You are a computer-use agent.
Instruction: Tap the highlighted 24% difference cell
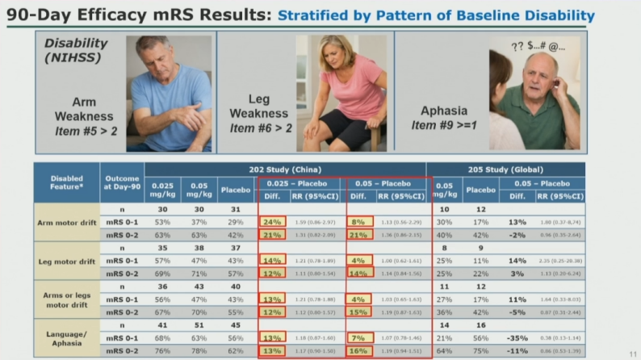point(270,221)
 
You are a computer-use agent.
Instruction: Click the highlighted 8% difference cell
point(359,221)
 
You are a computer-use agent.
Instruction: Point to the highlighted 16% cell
point(359,351)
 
